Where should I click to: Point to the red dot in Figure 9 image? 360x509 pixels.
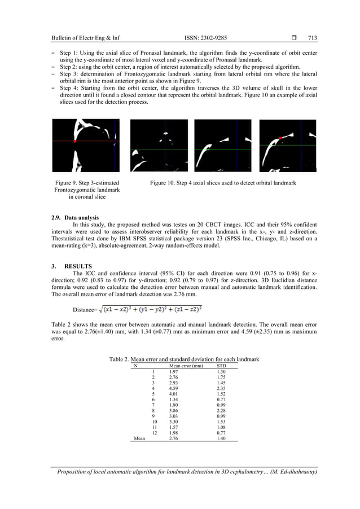(x=74, y=142)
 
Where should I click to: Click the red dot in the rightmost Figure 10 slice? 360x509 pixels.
(x=280, y=137)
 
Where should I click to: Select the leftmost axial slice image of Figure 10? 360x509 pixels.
(x=159, y=146)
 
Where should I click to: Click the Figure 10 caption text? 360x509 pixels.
(x=222, y=183)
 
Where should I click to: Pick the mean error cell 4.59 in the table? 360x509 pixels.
(x=175, y=388)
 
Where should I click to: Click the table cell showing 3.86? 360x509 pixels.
(x=175, y=410)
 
